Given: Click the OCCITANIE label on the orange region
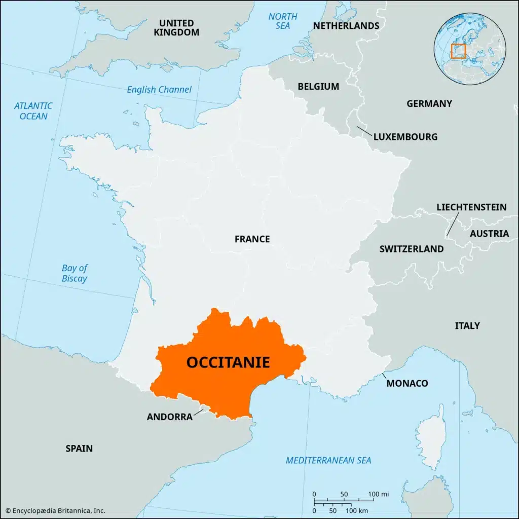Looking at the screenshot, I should pos(228,362).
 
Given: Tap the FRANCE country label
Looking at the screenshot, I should pos(252,239).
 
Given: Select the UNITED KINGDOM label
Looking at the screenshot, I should pos(176,27).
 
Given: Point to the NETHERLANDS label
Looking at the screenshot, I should pos(346,26).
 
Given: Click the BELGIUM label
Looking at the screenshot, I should pos(318,87).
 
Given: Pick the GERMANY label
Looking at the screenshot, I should pos(429,104).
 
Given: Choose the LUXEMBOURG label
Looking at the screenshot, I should pos(405,137).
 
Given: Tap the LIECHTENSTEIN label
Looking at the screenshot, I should pos(471,207).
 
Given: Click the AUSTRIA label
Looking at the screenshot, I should pos(489,234).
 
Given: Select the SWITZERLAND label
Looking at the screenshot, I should pos(412,249).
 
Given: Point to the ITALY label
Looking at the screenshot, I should pos(467,326).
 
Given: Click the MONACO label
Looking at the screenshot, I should pos(407,383).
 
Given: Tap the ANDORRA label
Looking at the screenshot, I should pos(169,417).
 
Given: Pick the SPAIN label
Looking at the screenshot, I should pos(79,449).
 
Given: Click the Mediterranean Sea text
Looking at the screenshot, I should pos(328,461).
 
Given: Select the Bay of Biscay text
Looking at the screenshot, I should pos(75,274).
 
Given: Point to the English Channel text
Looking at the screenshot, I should pos(159,90).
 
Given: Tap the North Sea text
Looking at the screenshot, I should pos(283,21).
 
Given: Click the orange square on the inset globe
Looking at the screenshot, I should pos(458,51).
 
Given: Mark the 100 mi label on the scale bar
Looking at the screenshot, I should pos(378,494).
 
